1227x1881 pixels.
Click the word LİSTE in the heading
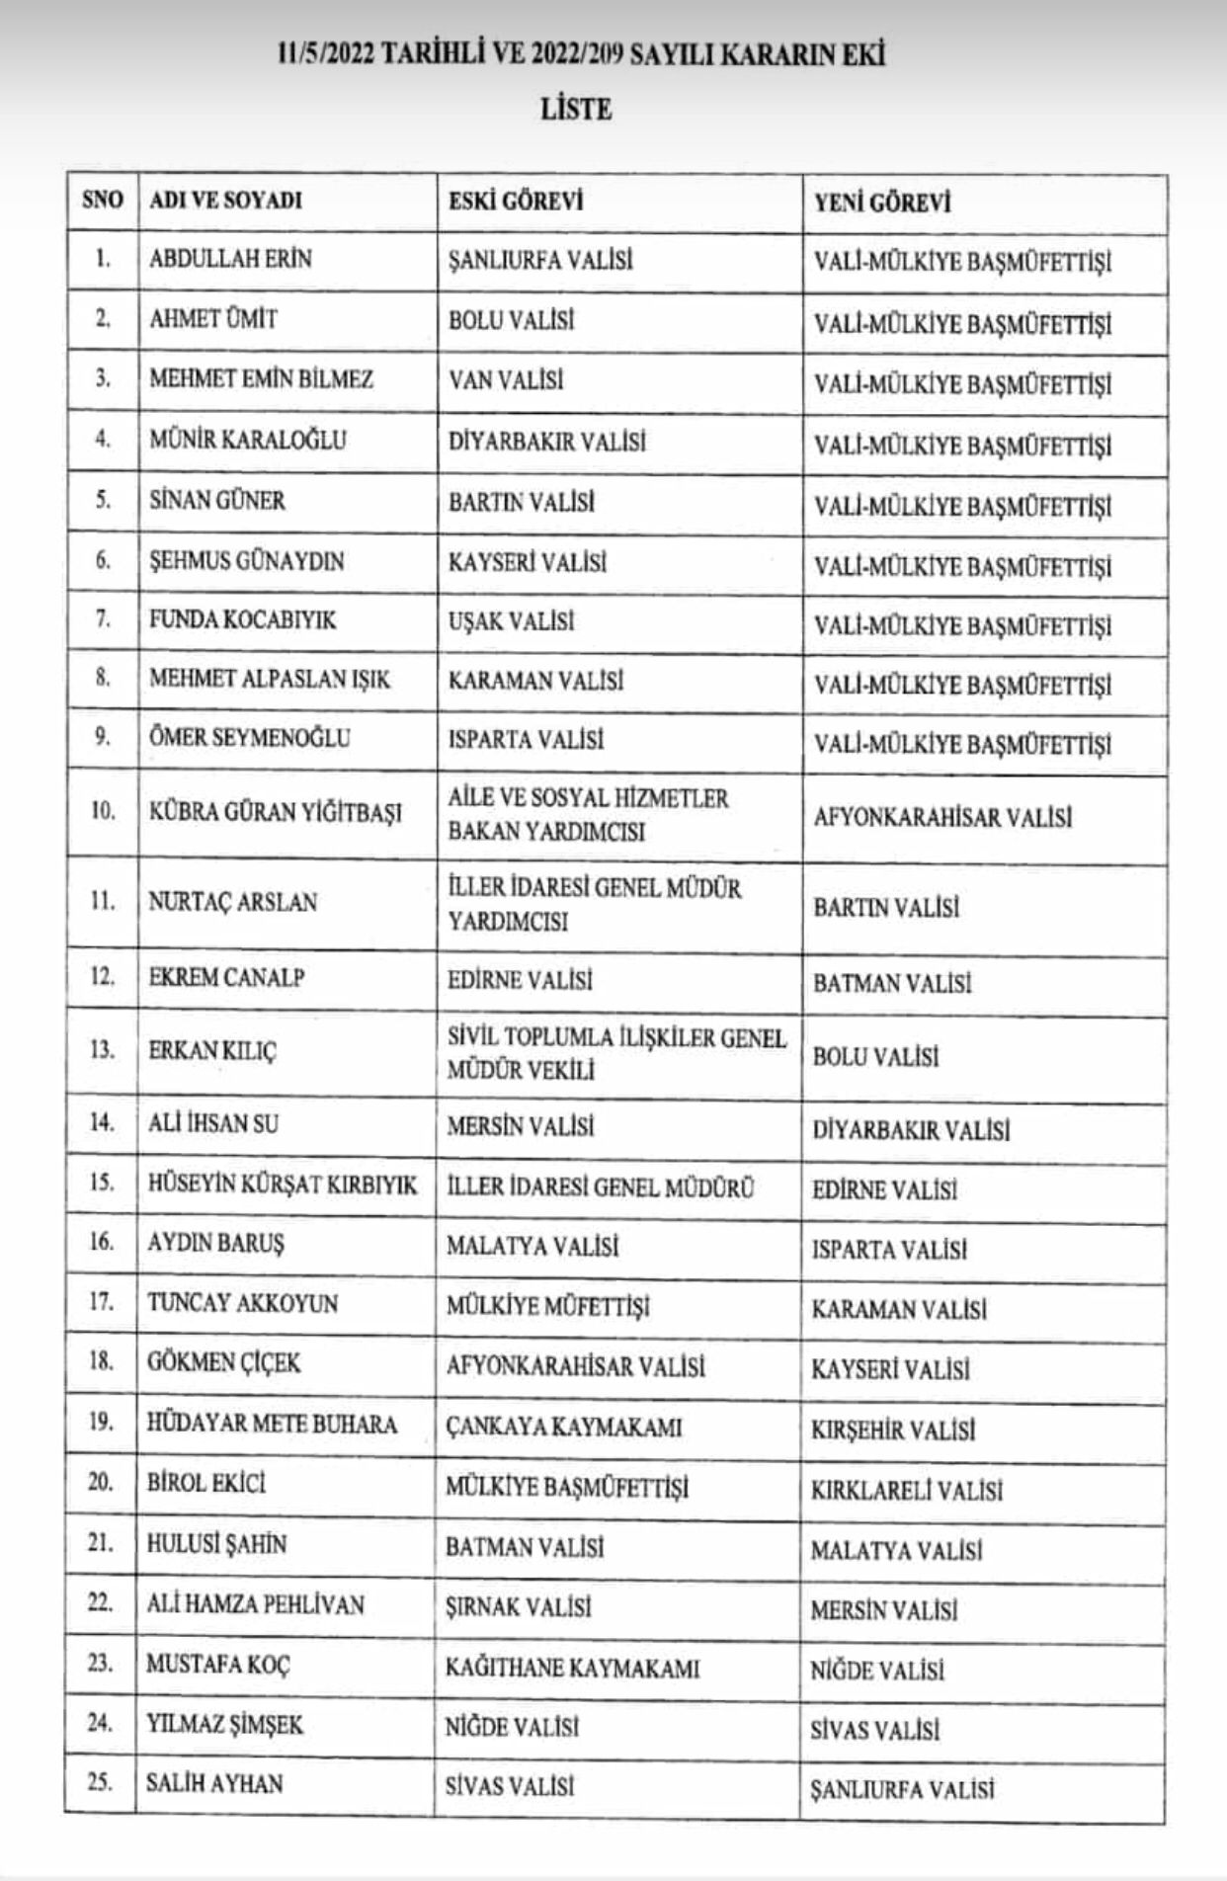click(x=576, y=109)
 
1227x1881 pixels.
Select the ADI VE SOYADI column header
click(x=225, y=201)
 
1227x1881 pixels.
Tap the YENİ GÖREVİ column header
click(x=882, y=203)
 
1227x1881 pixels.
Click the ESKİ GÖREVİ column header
click(x=516, y=201)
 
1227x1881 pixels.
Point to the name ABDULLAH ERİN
click(x=230, y=259)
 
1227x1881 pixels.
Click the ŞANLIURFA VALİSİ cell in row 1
click(x=540, y=261)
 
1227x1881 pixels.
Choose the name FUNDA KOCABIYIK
click(x=242, y=620)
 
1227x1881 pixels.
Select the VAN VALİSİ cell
click(x=506, y=380)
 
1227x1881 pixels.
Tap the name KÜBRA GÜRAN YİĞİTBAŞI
click(x=276, y=813)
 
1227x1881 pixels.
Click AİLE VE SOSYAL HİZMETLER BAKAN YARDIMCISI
click(x=588, y=814)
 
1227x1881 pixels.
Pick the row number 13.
click(x=102, y=1049)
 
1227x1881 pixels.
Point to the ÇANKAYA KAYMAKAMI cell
click(x=563, y=1428)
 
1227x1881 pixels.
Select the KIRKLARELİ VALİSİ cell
click(x=906, y=1490)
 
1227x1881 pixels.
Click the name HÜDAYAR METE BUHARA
click(x=272, y=1425)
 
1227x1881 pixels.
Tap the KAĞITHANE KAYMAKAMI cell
click(x=572, y=1669)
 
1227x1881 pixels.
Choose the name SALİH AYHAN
click(x=214, y=1784)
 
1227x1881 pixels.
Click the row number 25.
click(x=101, y=1783)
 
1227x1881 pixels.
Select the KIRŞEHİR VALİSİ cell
click(x=893, y=1430)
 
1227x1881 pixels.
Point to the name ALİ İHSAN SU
click(x=212, y=1124)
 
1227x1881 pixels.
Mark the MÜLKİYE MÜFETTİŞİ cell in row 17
click(x=547, y=1307)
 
